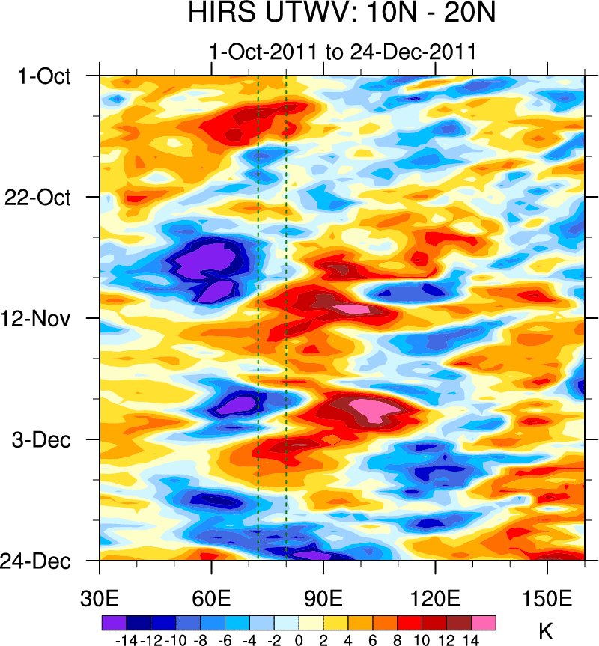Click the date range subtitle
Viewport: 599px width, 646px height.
(343, 52)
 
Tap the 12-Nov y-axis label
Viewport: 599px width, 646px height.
(42, 319)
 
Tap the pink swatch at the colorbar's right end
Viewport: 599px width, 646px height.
(483, 623)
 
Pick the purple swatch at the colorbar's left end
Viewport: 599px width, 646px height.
(114, 623)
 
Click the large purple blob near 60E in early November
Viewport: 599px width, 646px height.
(205, 262)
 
